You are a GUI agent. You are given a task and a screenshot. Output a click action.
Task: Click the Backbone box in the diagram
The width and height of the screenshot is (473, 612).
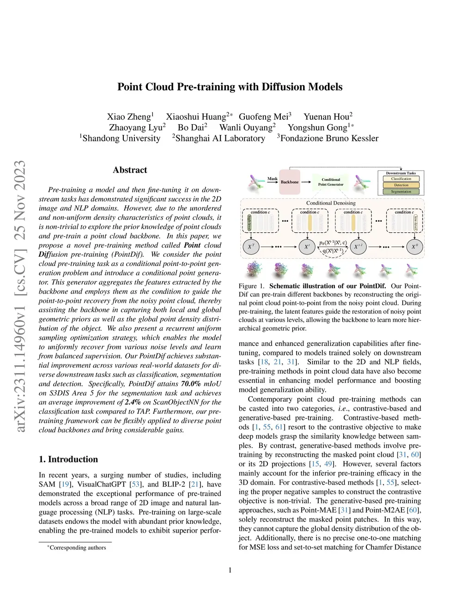pos(290,182)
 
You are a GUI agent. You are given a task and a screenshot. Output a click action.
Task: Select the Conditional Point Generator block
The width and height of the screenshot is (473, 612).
pos(331,182)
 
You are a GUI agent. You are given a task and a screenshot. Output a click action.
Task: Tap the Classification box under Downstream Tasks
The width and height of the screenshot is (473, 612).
pos(401,179)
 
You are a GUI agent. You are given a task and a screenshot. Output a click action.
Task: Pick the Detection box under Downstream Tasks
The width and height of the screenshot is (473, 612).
pos(401,185)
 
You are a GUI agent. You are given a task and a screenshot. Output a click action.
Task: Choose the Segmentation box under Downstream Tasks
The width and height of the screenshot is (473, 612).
pos(401,191)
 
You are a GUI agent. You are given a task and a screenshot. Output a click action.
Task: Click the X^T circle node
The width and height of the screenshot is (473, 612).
pos(250,247)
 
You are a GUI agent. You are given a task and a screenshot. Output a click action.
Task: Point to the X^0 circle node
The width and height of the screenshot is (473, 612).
pos(414,247)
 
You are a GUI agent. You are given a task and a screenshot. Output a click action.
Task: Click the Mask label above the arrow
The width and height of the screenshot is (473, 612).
pos(273,179)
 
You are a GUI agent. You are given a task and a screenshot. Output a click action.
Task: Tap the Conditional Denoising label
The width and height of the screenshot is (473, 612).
pos(331,203)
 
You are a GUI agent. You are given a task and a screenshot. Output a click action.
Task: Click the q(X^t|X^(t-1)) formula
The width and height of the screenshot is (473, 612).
pos(333,251)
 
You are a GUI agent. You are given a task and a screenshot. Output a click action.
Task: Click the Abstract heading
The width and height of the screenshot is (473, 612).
pos(130,170)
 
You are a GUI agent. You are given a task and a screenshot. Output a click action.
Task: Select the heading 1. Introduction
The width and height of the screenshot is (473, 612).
pos(68,459)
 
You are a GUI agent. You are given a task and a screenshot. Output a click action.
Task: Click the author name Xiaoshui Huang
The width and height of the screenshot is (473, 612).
pos(196,117)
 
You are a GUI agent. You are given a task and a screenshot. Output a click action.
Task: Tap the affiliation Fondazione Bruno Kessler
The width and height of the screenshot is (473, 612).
pos(329,139)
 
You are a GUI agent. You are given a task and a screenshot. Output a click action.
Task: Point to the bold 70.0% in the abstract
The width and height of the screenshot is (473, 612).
pos(191,384)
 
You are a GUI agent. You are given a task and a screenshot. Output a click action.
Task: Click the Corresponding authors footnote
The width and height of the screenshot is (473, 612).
pos(77,548)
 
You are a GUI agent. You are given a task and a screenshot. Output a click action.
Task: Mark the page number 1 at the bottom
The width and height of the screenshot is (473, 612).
pos(230,570)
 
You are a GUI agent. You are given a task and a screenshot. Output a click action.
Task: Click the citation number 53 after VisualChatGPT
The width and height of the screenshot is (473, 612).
pos(137,485)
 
